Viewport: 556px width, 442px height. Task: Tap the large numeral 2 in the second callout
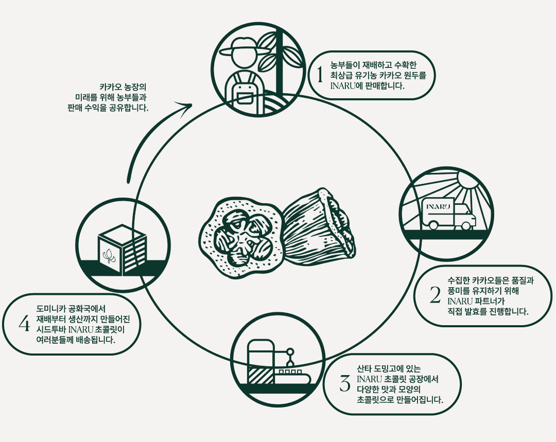tap(435, 295)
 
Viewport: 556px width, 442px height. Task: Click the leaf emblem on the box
tap(109, 256)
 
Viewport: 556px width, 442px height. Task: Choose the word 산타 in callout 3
tap(365, 369)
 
